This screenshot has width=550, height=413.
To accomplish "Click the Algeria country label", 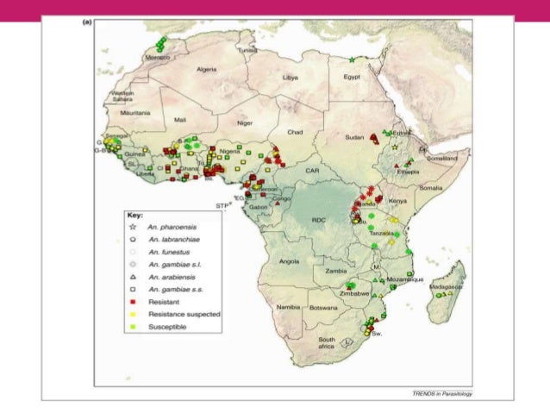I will coord(207,69).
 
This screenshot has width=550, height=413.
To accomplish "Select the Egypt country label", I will coord(351,77).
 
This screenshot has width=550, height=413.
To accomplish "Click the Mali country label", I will coord(180,120).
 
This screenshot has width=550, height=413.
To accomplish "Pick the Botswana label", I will coord(323,308).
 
